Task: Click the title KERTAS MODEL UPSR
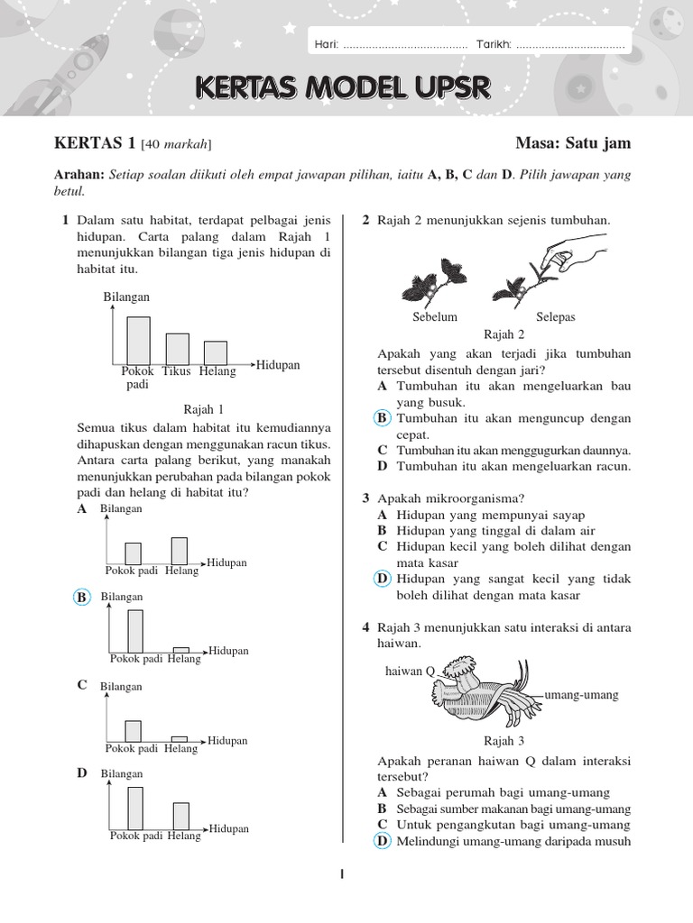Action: click(343, 87)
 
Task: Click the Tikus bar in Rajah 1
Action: click(178, 349)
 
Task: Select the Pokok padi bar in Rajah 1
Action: click(138, 340)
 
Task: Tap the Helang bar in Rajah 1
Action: click(215, 352)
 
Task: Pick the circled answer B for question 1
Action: click(82, 598)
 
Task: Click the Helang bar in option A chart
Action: click(180, 551)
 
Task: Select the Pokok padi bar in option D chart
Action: click(135, 808)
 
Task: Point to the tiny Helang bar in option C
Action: click(180, 738)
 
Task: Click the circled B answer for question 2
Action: click(382, 418)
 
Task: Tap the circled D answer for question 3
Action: click(383, 579)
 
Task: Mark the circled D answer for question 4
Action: click(383, 841)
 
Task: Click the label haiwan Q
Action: click(411, 671)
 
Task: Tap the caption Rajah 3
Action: click(504, 742)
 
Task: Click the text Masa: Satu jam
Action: click(573, 143)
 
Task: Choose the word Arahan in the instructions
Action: click(79, 174)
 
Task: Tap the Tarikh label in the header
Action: click(494, 45)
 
